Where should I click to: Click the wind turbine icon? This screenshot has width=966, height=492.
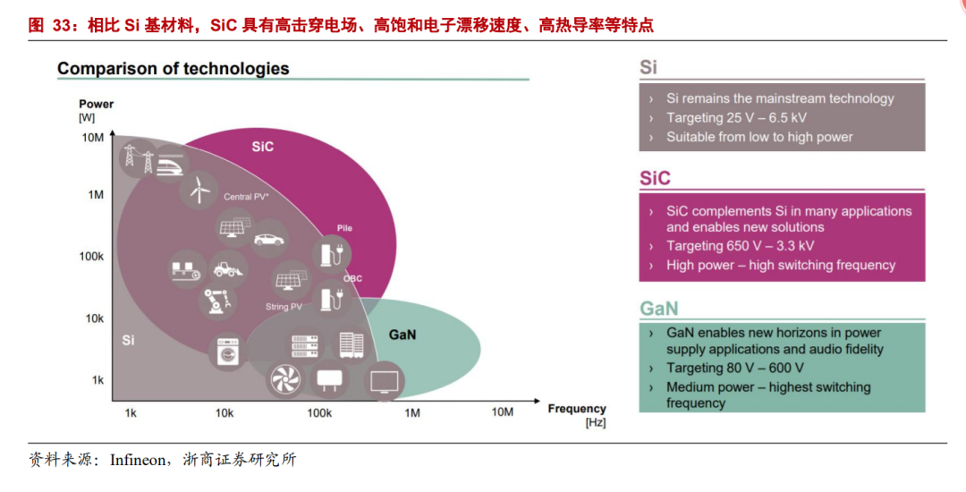tap(199, 190)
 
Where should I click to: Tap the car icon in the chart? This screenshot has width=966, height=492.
tap(269, 239)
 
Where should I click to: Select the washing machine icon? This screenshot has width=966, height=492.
tap(227, 352)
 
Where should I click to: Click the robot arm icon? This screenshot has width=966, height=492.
tap(216, 301)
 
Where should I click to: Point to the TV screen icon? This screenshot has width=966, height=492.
tap(384, 381)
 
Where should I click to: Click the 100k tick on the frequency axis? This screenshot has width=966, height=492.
tap(319, 412)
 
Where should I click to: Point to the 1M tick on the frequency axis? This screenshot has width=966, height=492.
tap(412, 412)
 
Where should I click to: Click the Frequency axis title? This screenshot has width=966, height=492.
tap(577, 409)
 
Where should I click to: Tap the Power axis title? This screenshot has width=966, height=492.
tap(97, 104)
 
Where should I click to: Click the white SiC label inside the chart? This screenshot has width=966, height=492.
tap(262, 146)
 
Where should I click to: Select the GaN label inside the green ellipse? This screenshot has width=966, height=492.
tap(402, 335)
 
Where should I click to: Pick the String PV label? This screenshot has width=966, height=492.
tap(284, 307)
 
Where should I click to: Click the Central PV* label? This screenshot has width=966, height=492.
tap(247, 196)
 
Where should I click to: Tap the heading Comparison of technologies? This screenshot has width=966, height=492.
tap(174, 69)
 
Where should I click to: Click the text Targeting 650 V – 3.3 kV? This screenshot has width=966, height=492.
tap(740, 246)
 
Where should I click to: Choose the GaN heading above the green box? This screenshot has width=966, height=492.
tap(659, 309)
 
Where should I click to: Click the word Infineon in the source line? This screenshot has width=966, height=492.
tap(138, 460)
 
